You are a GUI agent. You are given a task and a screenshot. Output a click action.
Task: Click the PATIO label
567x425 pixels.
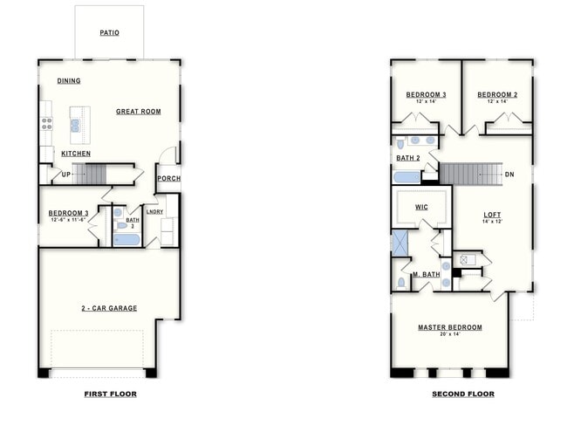(109, 34)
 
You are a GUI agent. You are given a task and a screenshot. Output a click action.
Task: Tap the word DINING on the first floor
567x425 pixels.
(69, 81)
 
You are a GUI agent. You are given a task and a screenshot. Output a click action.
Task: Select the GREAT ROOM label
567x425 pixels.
(139, 112)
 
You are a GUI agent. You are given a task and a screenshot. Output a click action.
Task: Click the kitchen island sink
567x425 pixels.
(76, 125)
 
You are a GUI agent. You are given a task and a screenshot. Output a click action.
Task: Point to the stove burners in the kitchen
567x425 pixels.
(46, 124)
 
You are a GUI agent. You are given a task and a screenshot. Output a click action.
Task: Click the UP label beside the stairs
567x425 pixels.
(65, 175)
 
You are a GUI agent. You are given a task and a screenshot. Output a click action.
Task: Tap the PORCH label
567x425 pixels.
(167, 180)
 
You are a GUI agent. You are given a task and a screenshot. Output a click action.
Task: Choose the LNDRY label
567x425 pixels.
(154, 211)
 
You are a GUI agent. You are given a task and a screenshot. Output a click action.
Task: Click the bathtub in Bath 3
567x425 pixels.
(126, 239)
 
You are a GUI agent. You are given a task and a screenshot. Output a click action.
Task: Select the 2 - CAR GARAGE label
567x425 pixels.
(109, 308)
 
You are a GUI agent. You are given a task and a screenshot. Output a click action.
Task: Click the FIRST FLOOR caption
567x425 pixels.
(109, 394)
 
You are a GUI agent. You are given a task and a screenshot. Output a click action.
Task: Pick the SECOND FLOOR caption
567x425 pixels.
(462, 394)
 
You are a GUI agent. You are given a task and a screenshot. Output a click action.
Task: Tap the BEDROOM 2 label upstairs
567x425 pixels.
(497, 94)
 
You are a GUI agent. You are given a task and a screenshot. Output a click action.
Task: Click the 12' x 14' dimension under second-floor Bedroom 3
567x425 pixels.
(426, 102)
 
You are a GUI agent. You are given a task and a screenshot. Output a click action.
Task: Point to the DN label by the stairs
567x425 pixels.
(509, 175)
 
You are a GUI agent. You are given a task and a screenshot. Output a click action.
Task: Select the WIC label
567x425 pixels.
(421, 208)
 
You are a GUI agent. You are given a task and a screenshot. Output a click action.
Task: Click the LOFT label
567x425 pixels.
(493, 214)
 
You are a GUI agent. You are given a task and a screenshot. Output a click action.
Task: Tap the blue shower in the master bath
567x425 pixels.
(400, 242)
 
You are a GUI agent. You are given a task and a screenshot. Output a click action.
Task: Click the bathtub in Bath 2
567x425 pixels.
(406, 177)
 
